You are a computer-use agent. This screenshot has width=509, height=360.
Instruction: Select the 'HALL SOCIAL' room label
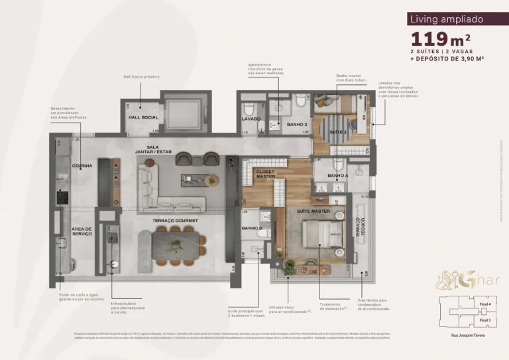point(142,117)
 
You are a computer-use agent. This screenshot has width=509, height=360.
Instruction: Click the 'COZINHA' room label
point(82,166)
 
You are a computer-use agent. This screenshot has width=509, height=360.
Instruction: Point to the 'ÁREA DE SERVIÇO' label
point(82,231)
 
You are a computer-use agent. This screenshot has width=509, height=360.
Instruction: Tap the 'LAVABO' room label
point(251,119)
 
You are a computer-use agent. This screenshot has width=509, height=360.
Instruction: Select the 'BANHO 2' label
point(296,124)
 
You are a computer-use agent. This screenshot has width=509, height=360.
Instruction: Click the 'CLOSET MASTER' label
point(266,174)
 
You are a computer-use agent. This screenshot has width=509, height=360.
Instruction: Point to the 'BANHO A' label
point(337,176)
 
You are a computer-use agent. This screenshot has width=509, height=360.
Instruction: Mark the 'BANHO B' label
point(252,229)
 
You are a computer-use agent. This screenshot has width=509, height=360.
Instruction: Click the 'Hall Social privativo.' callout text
point(142,76)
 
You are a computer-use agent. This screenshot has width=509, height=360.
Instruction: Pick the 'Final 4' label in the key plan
point(484,304)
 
